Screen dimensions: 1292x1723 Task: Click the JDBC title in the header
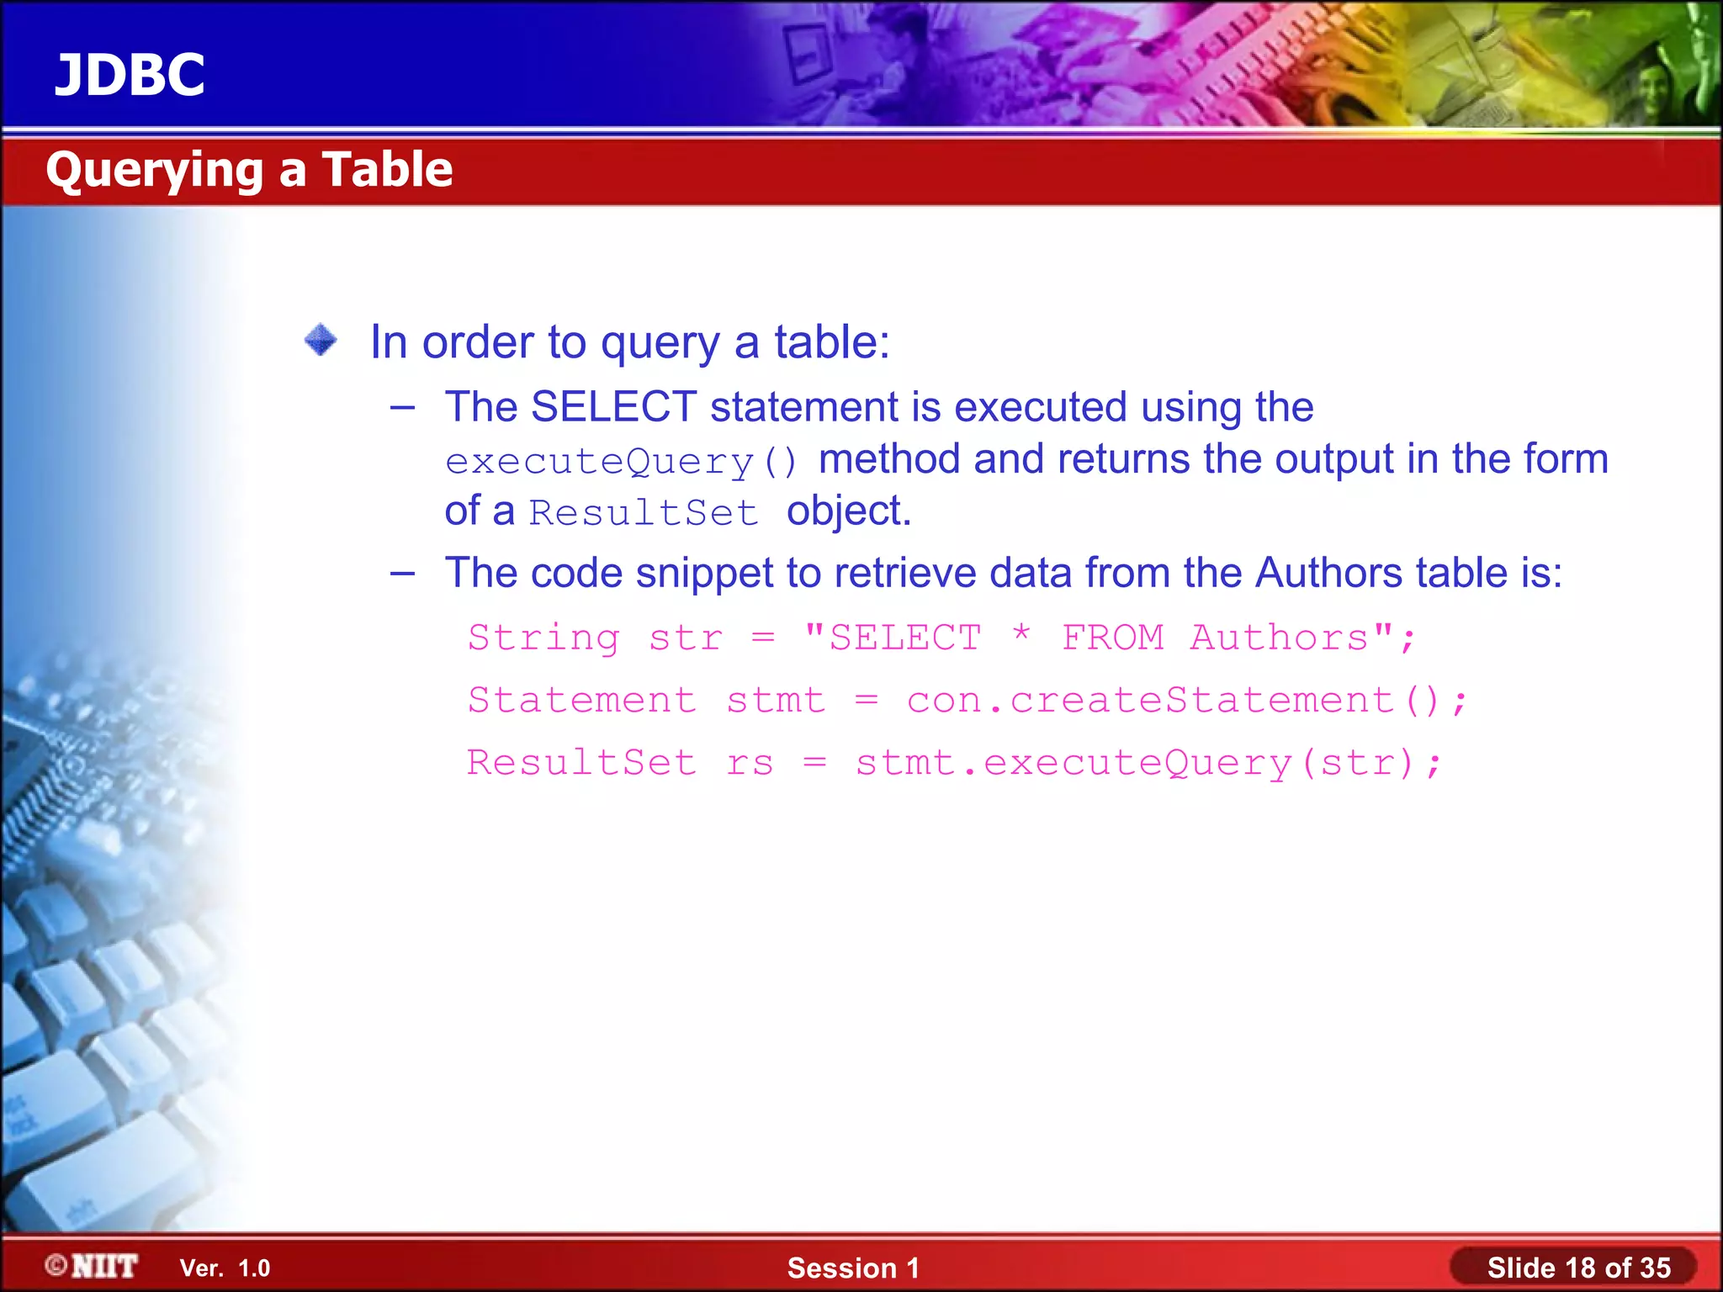(x=130, y=75)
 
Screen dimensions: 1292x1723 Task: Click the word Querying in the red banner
(x=155, y=171)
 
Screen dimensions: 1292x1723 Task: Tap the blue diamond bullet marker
(x=321, y=341)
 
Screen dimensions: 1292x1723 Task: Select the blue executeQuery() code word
(x=621, y=462)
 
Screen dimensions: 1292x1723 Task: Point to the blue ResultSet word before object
(x=643, y=513)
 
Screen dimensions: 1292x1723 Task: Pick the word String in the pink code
(x=544, y=638)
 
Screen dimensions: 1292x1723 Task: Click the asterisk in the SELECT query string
(x=1021, y=635)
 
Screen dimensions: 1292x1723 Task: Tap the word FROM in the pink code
(x=1112, y=638)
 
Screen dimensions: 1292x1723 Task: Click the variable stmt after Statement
(x=776, y=701)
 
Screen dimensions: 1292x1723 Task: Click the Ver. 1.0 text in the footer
(x=225, y=1268)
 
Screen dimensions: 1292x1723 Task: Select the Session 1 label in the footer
(x=853, y=1268)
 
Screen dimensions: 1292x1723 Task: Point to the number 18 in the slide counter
(x=1579, y=1268)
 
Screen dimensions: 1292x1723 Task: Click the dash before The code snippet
(x=403, y=574)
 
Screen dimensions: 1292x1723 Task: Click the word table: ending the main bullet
(x=831, y=342)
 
